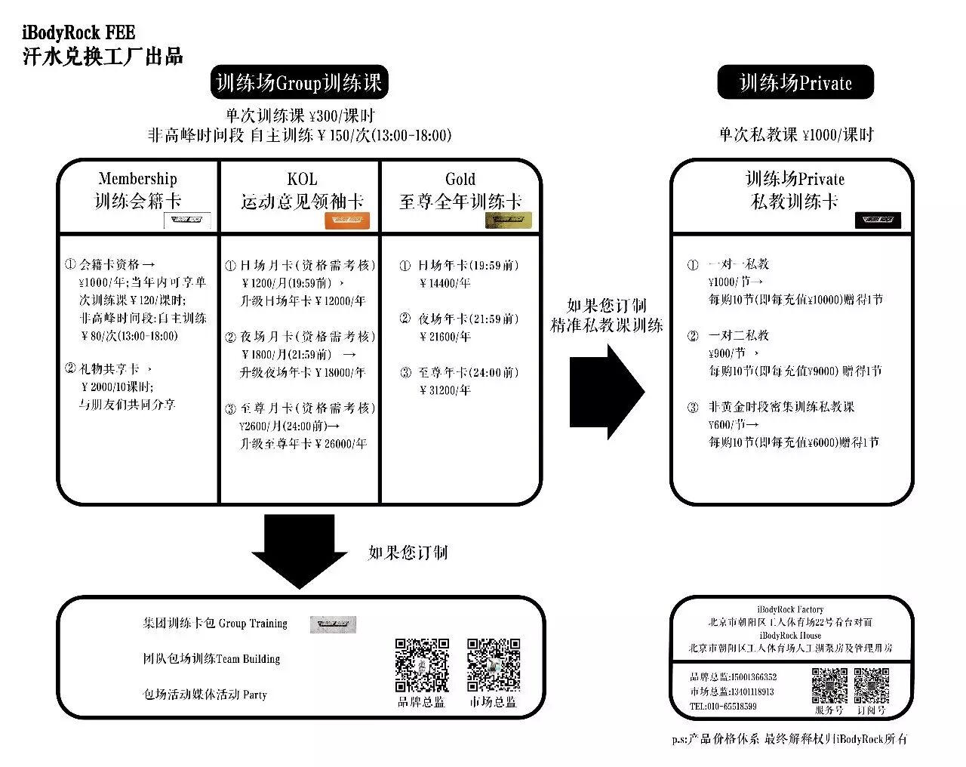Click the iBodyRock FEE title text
78,33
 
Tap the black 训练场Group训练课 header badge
299,82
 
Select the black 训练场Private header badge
795,82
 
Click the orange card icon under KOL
347,220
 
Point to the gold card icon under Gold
508,220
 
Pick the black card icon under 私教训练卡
877,220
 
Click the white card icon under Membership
187,220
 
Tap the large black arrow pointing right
607,392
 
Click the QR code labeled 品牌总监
422,665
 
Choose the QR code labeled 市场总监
494,665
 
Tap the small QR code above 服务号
829,685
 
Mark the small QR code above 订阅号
871,685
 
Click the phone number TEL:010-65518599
723,707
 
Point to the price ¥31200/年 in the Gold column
445,390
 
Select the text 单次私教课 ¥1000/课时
795,135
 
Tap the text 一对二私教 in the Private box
738,335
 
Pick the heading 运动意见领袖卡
302,202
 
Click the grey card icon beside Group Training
332,624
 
